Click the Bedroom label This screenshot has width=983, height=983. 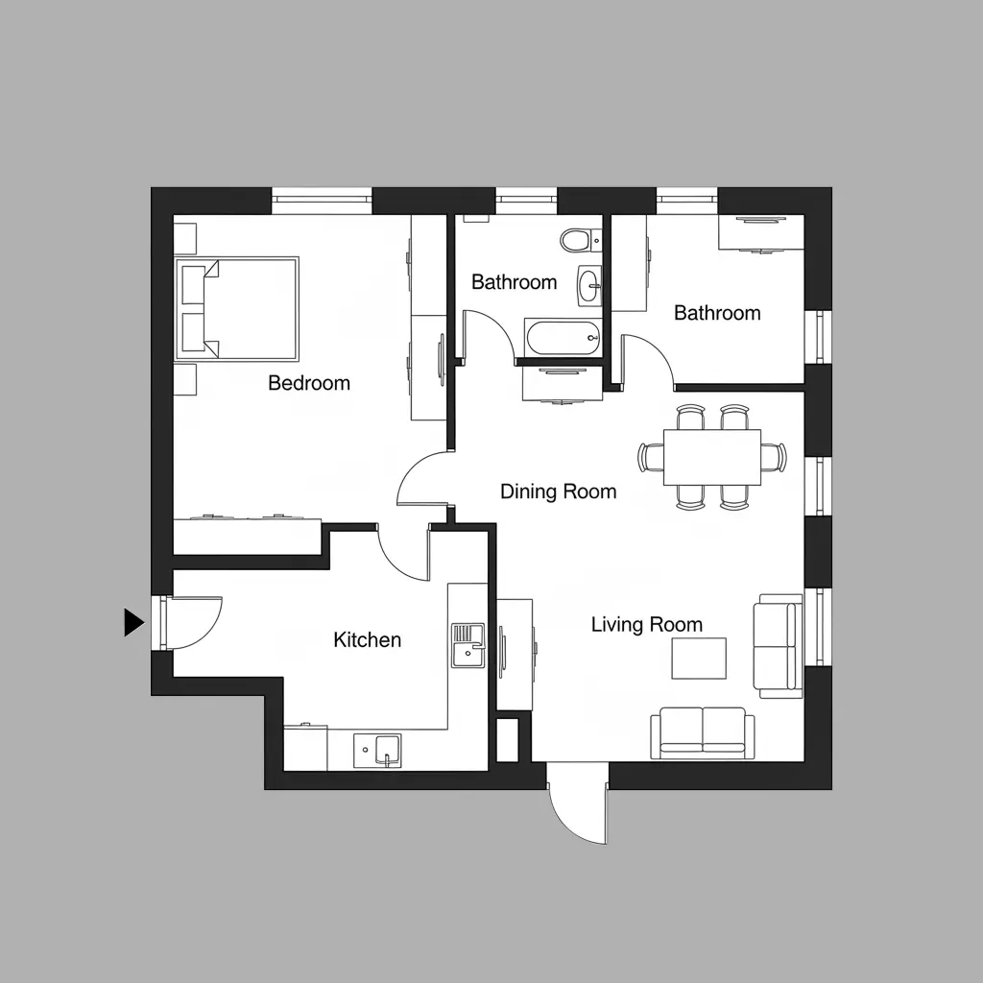[x=309, y=383]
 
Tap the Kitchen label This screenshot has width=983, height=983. [x=368, y=640]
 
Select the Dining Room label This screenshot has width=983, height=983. [x=559, y=491]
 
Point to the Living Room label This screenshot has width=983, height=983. [x=647, y=625]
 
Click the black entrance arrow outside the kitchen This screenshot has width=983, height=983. [x=133, y=622]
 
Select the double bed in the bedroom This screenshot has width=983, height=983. [x=237, y=308]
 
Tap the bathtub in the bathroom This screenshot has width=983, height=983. [x=563, y=339]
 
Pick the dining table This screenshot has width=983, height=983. [x=712, y=457]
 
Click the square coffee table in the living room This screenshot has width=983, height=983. [x=699, y=659]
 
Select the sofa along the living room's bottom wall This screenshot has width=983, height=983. [x=702, y=732]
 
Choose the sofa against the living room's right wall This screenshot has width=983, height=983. [x=778, y=646]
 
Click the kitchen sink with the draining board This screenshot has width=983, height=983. [x=468, y=645]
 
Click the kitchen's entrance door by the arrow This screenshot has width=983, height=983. [x=192, y=622]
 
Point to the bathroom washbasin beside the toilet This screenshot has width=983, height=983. [x=589, y=286]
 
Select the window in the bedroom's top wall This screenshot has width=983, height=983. [x=322, y=200]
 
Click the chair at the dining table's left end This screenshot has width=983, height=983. [x=651, y=457]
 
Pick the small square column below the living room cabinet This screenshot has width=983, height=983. [x=507, y=739]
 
